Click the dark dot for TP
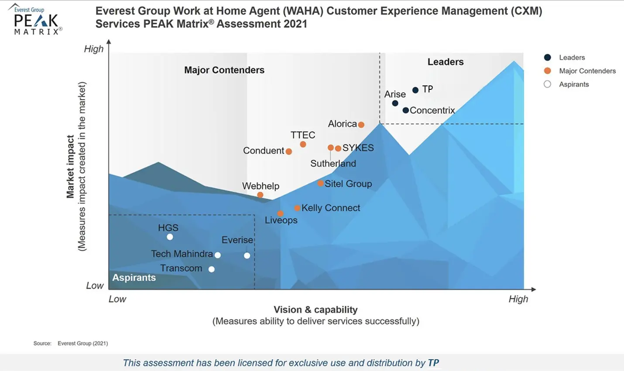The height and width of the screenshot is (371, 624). click(x=415, y=90)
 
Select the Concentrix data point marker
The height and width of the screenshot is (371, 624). click(x=406, y=110)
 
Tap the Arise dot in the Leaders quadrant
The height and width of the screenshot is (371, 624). click(x=395, y=103)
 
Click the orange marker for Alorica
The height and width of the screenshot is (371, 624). click(x=361, y=125)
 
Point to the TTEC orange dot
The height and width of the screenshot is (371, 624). click(x=303, y=144)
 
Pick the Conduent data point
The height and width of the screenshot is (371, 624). click(x=288, y=151)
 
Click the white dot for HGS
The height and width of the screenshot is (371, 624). click(x=170, y=237)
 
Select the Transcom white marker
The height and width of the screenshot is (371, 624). click(x=212, y=269)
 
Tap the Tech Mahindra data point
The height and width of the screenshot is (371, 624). click(x=218, y=255)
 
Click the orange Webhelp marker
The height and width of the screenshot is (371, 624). click(x=260, y=195)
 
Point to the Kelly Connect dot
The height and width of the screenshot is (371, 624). click(x=297, y=208)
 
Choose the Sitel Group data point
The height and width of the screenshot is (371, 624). click(x=321, y=184)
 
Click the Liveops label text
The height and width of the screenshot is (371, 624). click(x=281, y=220)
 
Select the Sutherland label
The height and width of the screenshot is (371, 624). click(x=333, y=163)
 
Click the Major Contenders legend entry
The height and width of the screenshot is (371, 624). click(x=587, y=71)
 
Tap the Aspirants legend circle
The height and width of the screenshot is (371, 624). click(x=548, y=84)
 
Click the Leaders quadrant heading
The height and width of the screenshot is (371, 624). click(x=446, y=62)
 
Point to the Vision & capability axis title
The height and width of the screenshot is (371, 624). click(x=315, y=310)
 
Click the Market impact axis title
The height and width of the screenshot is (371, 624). click(x=70, y=167)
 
